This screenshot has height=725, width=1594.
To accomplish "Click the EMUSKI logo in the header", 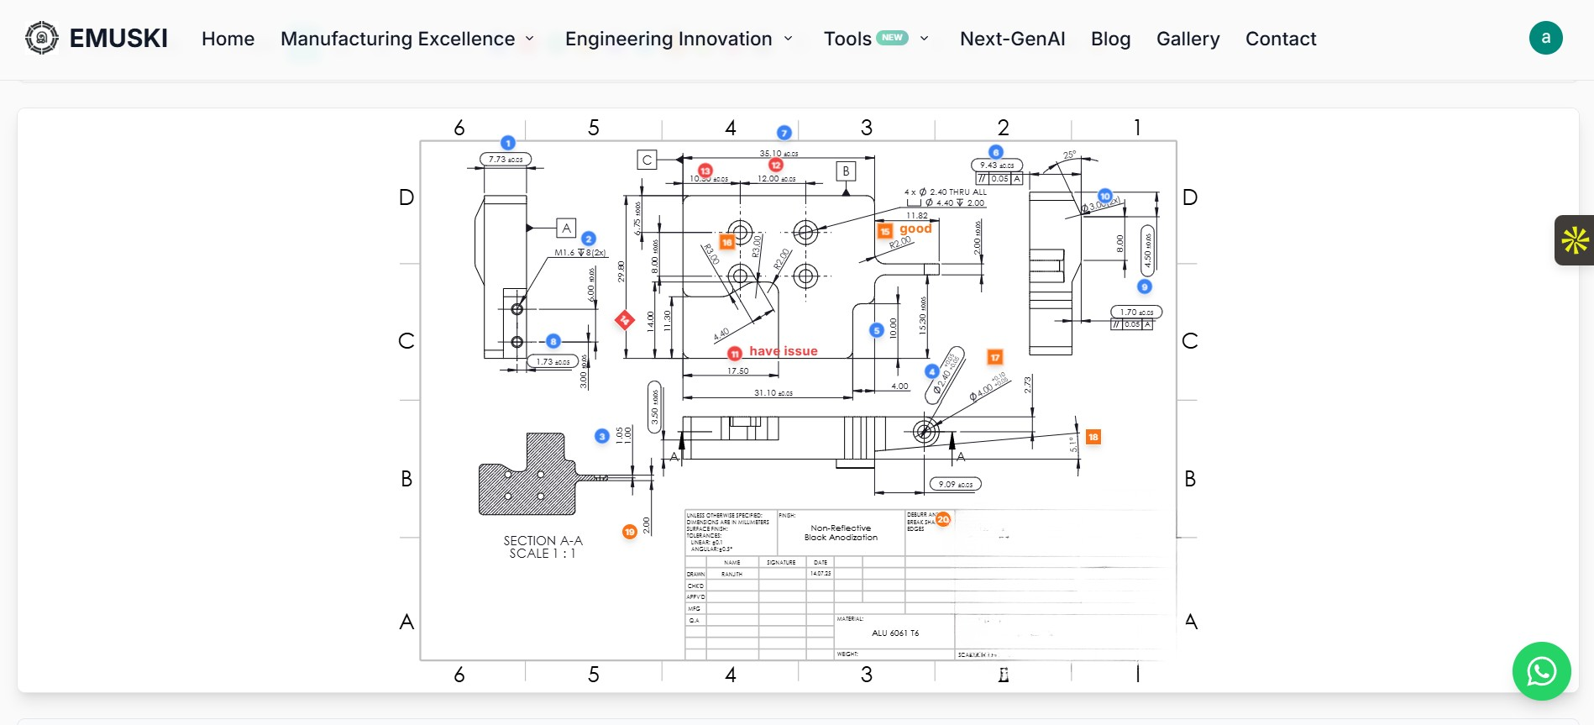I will (96, 38).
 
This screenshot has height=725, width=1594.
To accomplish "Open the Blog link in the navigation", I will (1110, 39).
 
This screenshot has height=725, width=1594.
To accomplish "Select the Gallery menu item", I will (1188, 39).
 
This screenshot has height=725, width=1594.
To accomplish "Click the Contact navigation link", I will (1280, 39).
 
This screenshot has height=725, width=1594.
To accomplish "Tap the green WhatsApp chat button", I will (1541, 670).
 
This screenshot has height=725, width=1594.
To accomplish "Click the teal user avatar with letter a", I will (1545, 38).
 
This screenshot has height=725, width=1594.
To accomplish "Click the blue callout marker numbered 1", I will (507, 143).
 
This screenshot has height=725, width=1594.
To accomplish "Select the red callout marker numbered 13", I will (705, 171).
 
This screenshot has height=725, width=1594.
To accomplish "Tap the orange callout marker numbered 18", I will (1093, 437).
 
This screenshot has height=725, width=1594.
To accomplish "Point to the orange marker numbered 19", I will (629, 532).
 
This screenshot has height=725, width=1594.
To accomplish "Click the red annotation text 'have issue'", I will (783, 351).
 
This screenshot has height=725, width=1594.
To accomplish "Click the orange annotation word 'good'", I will (915, 229).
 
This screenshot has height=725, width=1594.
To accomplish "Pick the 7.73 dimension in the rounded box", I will (506, 159).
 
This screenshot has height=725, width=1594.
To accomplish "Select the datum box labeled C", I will (647, 160).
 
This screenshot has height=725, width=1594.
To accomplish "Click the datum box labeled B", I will (846, 171).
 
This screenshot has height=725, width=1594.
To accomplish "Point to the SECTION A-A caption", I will (543, 546).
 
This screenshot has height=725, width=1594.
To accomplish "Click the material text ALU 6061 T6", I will (894, 633).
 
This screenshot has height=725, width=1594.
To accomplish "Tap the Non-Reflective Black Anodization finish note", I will (841, 533).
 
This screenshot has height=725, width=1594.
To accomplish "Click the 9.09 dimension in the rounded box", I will (955, 484).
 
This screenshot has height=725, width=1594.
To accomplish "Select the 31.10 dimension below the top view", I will (773, 392).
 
